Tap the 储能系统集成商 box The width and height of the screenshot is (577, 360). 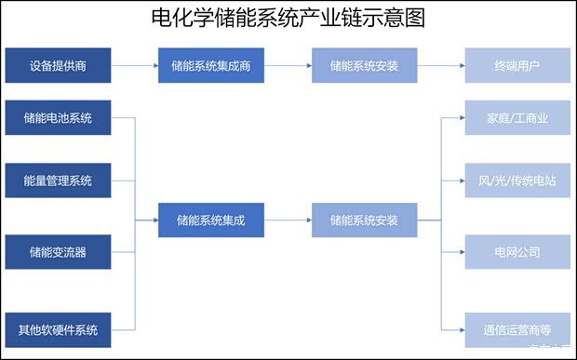click(211, 66)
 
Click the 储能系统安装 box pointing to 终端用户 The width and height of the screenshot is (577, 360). click(364, 66)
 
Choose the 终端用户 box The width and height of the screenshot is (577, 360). click(517, 66)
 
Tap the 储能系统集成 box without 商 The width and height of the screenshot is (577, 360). click(211, 220)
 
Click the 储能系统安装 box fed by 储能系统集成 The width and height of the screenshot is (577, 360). click(364, 220)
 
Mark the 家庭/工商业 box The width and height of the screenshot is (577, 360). click(517, 118)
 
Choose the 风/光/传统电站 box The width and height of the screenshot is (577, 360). click(517, 180)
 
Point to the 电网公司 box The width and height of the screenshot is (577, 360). click(517, 252)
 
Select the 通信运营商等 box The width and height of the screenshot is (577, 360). click(517, 329)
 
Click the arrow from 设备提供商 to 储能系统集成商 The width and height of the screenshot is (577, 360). click(134, 66)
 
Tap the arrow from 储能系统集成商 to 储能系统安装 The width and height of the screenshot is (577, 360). click(288, 66)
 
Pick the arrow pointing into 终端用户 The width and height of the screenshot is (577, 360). click(440, 66)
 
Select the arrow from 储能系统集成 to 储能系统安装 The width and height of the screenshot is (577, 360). click(288, 220)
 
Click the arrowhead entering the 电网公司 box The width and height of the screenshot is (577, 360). click(461, 252)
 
